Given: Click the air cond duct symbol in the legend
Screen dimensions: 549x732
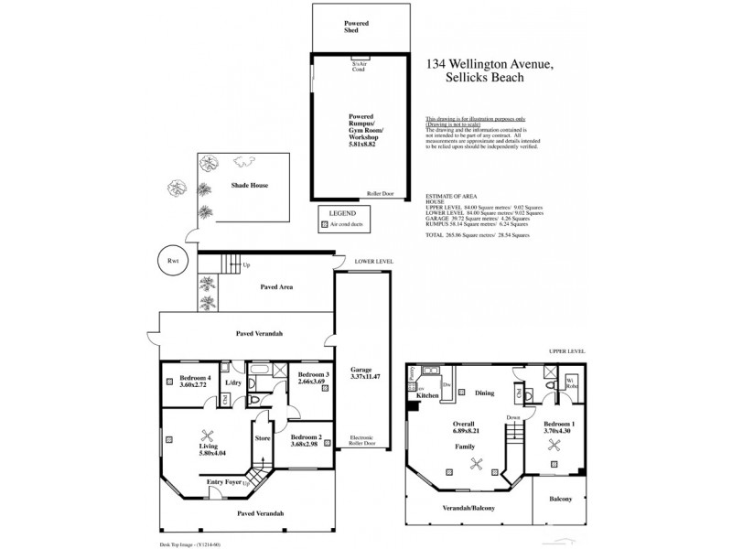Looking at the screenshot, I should pos(324,223).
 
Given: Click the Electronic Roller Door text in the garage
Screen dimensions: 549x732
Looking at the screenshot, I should pos(362,442).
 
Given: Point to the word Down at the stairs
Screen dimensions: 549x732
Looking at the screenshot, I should pos(514,418).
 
